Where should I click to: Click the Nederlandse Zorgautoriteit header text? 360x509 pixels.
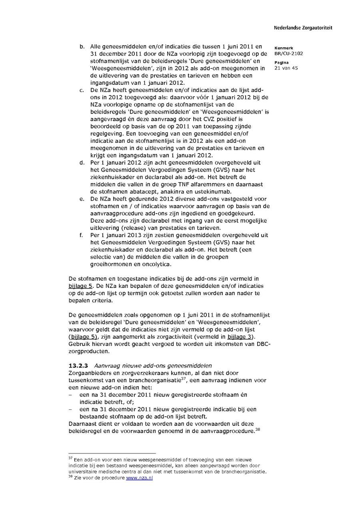point(303,28)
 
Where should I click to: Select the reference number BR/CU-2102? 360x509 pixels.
point(288,54)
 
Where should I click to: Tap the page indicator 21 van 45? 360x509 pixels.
point(286,68)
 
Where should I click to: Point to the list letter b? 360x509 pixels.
point(82,47)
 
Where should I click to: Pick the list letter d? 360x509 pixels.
point(82,163)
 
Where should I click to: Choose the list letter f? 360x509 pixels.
point(81,235)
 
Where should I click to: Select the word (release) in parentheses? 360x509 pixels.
point(123,228)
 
